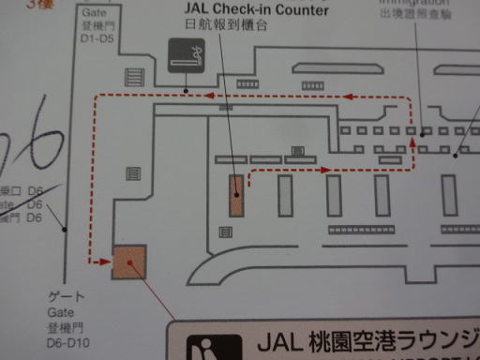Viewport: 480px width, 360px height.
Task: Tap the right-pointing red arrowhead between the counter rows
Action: tap(322, 171)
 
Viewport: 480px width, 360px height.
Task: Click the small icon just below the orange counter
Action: tap(225, 232)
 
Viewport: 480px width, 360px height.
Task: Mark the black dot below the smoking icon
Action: tap(187, 90)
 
